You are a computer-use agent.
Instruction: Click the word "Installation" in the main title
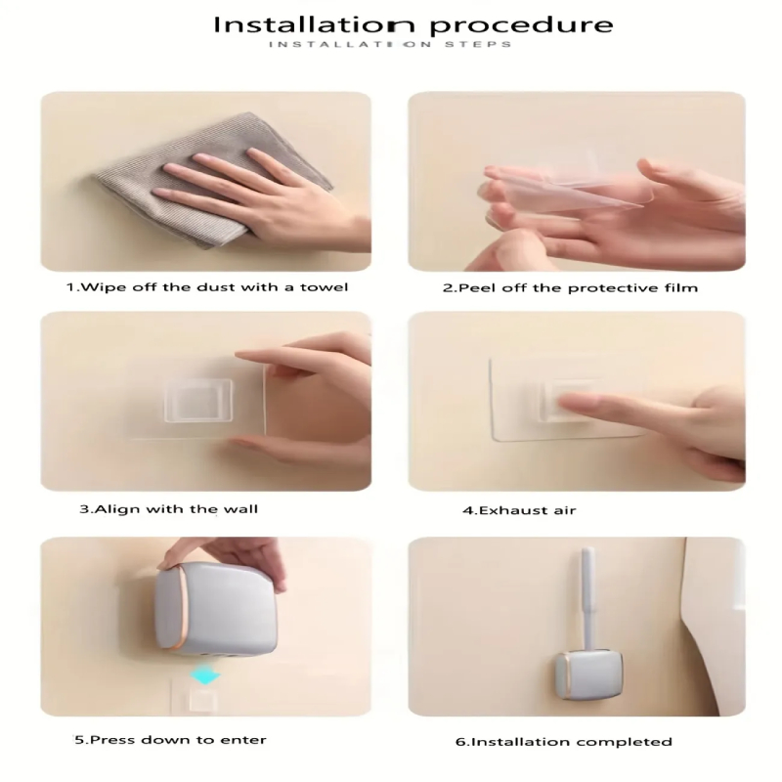coord(314,24)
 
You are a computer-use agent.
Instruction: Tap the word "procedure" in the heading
coord(522,26)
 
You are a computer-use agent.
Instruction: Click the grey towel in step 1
coord(213,180)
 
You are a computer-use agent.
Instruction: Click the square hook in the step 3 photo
coord(198,401)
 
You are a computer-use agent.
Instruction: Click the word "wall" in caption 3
coord(240,509)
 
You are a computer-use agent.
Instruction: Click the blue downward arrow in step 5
coord(205,676)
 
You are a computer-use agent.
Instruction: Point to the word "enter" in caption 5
coord(243,740)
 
